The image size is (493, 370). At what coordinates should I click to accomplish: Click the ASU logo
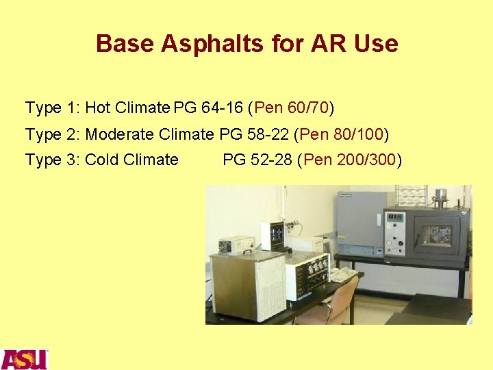point(24,359)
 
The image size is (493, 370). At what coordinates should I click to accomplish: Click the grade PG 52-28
point(257,160)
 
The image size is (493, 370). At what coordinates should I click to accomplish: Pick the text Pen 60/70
point(292,108)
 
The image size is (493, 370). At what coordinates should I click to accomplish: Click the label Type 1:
point(53,108)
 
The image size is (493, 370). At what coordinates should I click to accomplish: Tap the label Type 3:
point(53,160)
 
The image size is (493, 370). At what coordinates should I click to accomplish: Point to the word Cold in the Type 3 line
point(102,160)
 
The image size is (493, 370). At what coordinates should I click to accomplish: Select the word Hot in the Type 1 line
point(98,108)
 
